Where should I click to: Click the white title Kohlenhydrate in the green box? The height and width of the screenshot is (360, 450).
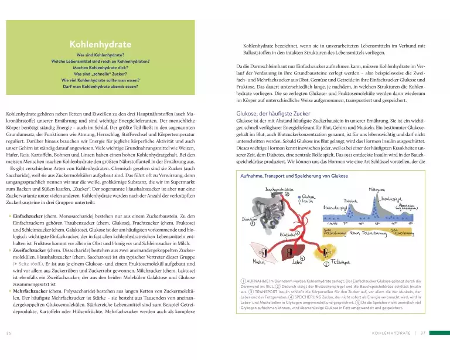point(99,43)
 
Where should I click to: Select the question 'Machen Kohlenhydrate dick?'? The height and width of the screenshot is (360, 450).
point(99,66)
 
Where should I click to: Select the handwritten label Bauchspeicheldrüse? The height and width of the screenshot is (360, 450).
point(279,189)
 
